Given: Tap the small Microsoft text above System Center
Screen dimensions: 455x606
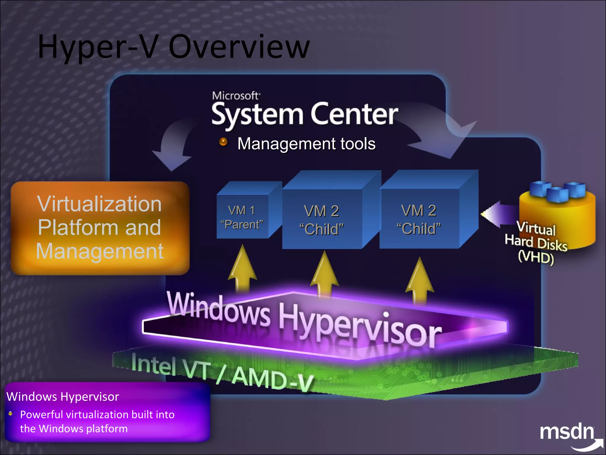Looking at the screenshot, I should coord(236,96).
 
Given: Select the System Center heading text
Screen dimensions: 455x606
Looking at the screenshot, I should coord(305,114).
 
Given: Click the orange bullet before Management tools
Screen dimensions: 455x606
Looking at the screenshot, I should coord(223,142).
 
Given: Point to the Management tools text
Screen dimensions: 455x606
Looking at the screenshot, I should coord(306,144).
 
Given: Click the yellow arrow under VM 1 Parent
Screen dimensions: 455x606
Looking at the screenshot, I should coord(243,268).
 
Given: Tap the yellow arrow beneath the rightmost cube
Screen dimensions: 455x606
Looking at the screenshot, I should coord(420,280).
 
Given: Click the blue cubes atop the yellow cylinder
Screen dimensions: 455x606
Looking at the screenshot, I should coord(557,191).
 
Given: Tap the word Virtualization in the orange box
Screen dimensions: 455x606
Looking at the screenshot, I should coord(99,204).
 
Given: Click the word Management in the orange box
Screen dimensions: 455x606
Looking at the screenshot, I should coord(99,251).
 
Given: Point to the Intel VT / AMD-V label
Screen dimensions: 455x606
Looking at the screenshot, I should coord(222,372).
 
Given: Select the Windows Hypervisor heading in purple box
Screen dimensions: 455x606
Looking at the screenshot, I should coord(63,397).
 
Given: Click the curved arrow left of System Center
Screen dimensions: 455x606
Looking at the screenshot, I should coord(173,145).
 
